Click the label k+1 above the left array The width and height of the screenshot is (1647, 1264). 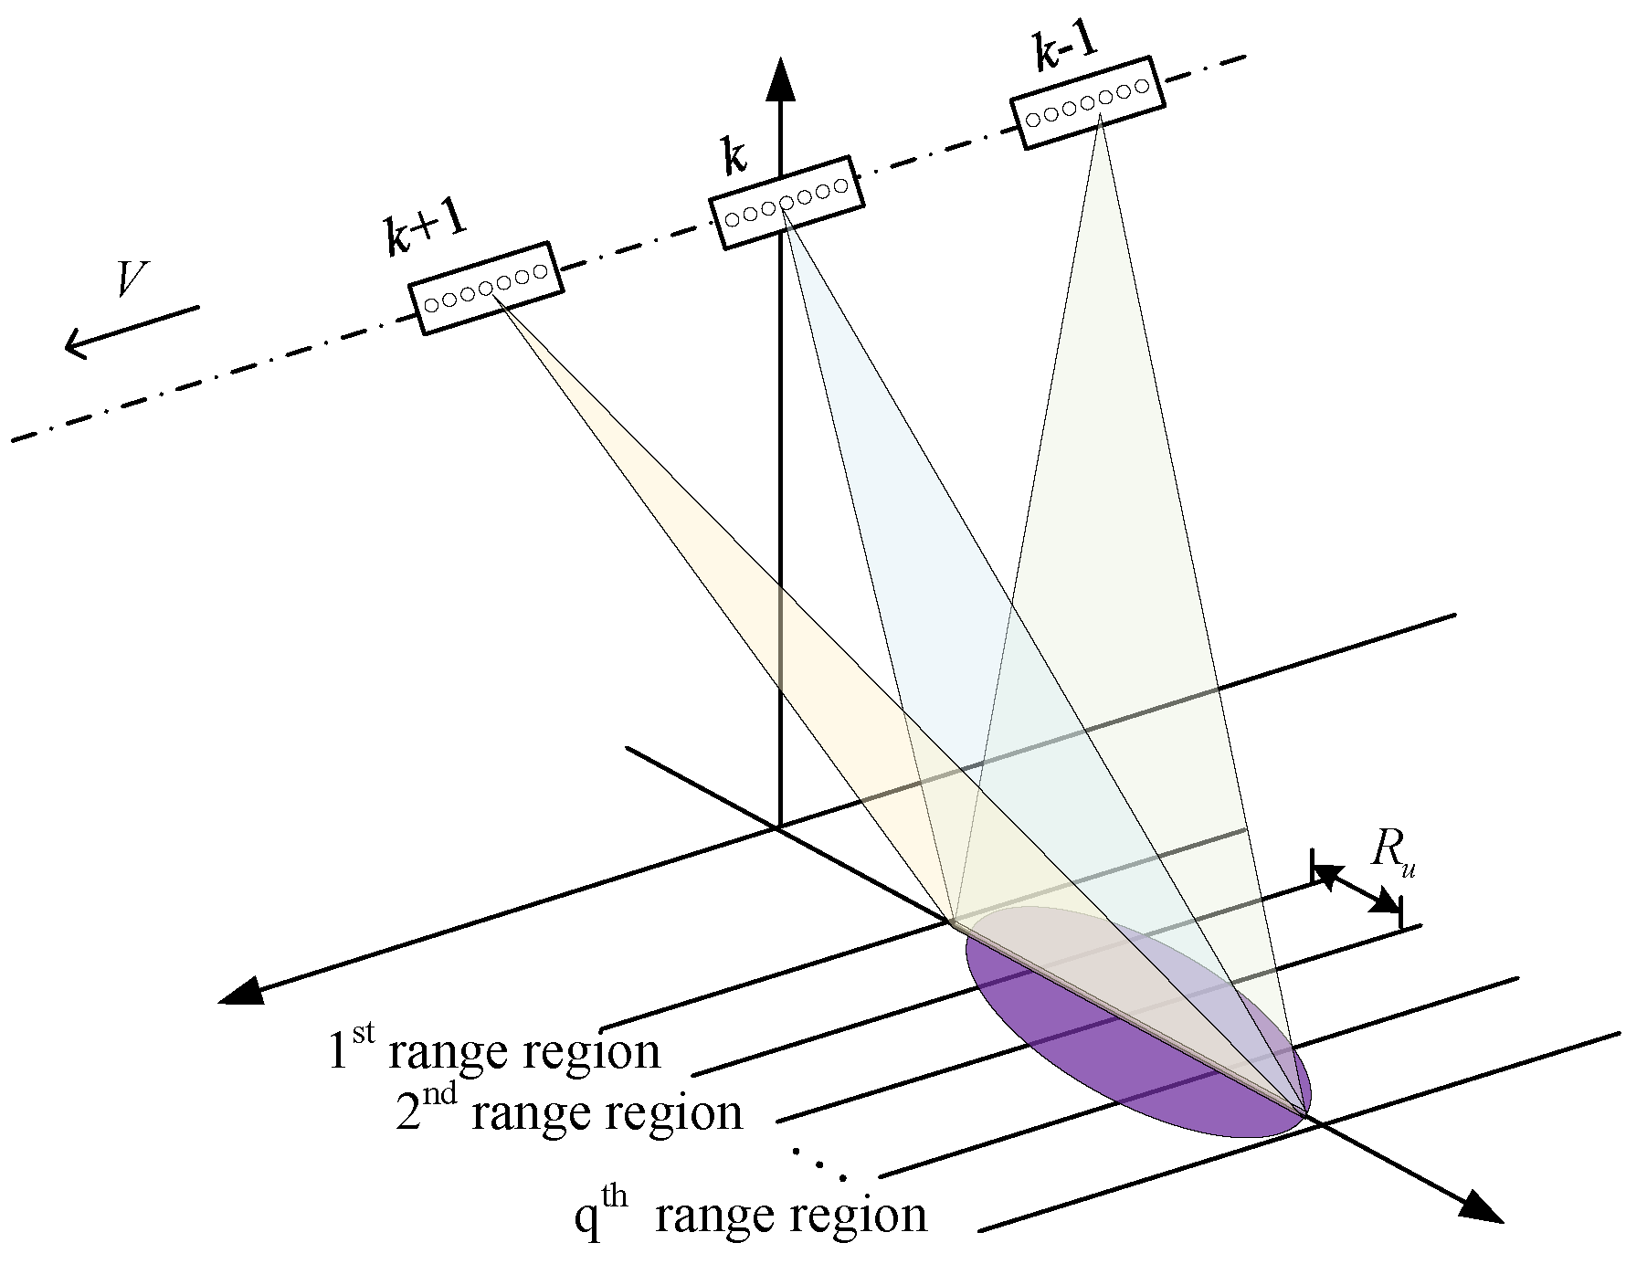coord(425,234)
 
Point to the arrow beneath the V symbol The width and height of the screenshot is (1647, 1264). coord(130,331)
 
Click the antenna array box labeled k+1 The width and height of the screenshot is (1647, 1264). coord(485,288)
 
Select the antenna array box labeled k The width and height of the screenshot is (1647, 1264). coord(786,203)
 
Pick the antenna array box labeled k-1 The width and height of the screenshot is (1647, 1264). coord(1087,102)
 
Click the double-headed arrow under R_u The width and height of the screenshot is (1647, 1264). coord(1357,889)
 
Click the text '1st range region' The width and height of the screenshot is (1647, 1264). coord(493,1050)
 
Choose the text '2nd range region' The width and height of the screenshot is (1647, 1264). coord(568,1112)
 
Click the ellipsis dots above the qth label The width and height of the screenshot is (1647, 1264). coord(819,1164)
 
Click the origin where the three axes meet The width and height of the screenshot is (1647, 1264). coord(778,827)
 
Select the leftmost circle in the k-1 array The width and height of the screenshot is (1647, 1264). coord(1033,119)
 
